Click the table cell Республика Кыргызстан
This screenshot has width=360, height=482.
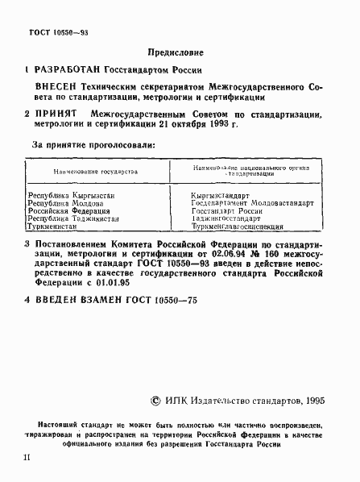(67, 196)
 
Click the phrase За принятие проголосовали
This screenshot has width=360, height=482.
(93, 146)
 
